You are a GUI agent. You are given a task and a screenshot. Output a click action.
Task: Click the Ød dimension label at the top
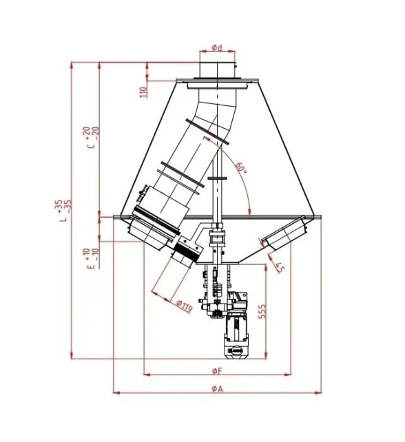tap(216, 48)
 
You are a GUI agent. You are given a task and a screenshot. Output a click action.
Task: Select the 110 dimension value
tap(144, 92)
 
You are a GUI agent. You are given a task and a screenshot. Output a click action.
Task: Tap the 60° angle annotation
tap(240, 168)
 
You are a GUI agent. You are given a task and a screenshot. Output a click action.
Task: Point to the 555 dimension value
tap(261, 311)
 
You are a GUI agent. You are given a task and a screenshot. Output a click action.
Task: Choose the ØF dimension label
tap(216, 371)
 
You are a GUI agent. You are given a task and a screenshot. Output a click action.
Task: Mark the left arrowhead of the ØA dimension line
tap(116, 393)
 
